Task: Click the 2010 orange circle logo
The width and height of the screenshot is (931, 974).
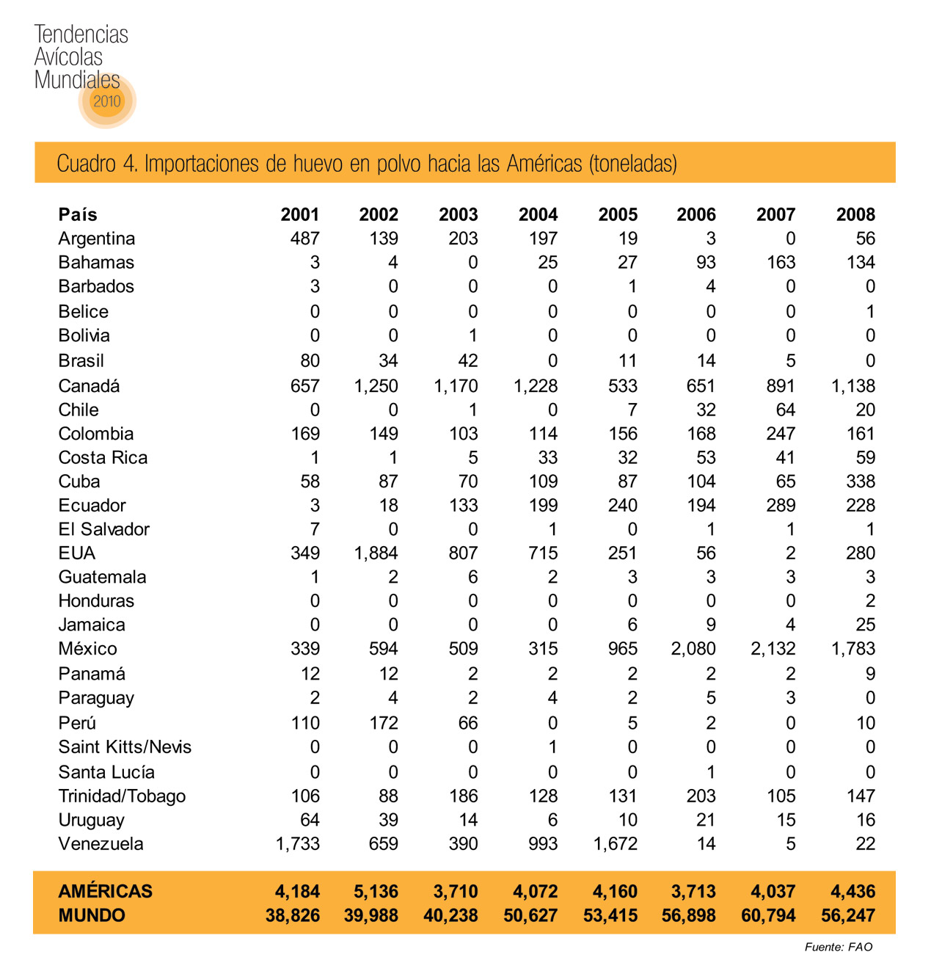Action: tap(107, 101)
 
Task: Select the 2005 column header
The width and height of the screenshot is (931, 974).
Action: tap(618, 214)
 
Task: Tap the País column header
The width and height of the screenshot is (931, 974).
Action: tap(78, 214)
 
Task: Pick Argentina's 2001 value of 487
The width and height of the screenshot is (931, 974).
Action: tap(305, 239)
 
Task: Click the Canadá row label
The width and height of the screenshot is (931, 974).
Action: tap(89, 386)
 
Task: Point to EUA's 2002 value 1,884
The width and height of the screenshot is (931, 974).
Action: tap(376, 553)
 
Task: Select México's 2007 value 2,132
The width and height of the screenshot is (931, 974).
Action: tap(773, 649)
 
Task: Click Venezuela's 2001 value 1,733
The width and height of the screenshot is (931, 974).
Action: tap(298, 844)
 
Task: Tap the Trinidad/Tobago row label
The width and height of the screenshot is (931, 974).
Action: tap(122, 796)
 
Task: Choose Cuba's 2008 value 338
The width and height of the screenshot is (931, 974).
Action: tap(861, 481)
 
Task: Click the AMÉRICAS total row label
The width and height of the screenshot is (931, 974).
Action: tap(106, 891)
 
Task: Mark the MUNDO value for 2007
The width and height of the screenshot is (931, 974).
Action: tap(768, 915)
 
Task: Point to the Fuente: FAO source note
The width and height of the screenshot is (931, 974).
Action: tap(839, 947)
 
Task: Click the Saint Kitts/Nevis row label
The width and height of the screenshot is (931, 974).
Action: tap(125, 747)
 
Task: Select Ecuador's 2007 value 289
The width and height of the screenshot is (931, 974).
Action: tap(781, 506)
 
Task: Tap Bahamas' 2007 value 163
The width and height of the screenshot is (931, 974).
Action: tap(781, 263)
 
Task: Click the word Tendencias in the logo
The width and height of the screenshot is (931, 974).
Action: tap(81, 34)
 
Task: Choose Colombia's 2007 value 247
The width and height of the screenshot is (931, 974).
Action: tap(781, 434)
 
